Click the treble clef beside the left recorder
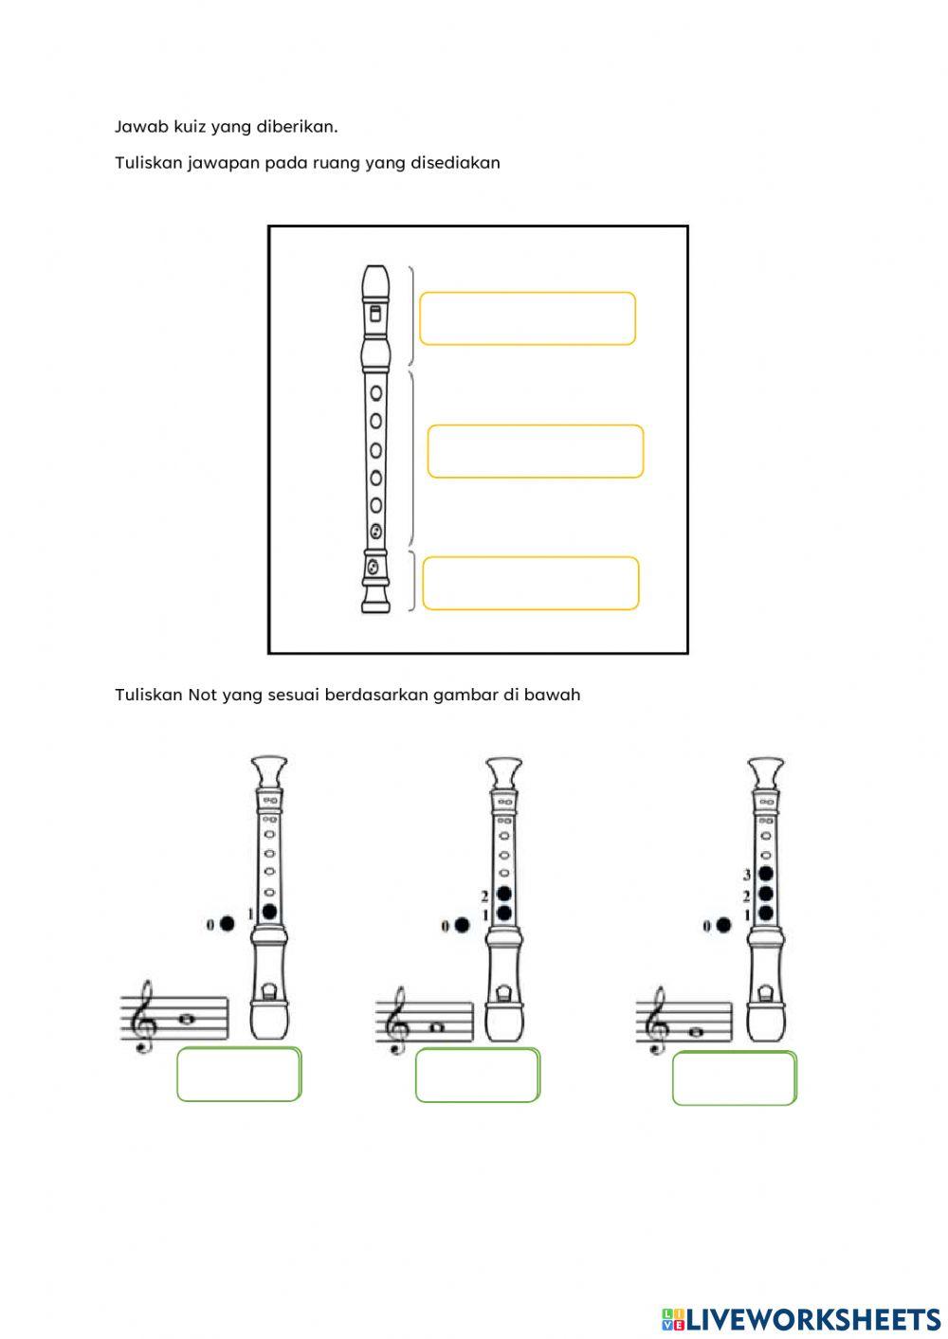(145, 1018)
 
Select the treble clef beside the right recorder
(660, 1020)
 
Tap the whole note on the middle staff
(436, 1027)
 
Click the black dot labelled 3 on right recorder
(766, 874)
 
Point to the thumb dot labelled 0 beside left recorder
(228, 924)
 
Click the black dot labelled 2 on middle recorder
(504, 894)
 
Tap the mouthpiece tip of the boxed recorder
(375, 267)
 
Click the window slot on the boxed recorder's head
(375, 314)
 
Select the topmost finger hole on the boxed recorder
(376, 392)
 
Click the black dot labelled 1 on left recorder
(270, 912)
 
